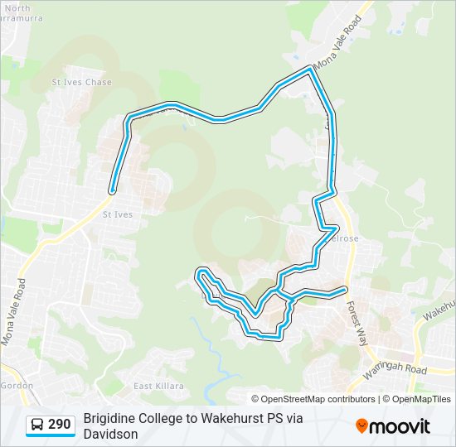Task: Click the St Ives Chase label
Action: [x=81, y=83]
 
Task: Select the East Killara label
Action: [x=154, y=386]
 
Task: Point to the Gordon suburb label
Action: [x=16, y=386]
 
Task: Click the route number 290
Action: [x=59, y=425]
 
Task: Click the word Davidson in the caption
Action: [x=110, y=434]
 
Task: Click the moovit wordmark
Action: [x=400, y=426]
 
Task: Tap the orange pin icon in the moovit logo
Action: [x=361, y=426]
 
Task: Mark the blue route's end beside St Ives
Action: [x=112, y=190]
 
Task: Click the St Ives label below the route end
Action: [x=117, y=214]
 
